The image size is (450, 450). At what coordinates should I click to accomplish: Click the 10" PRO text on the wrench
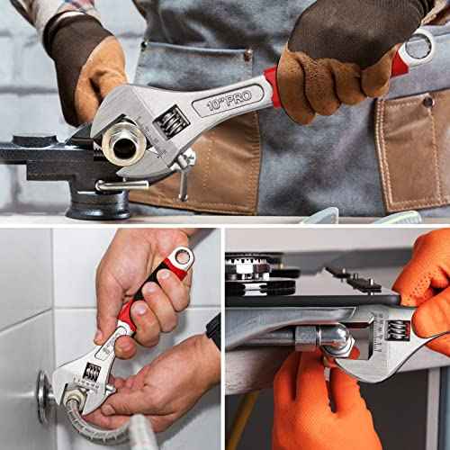[x=228, y=99]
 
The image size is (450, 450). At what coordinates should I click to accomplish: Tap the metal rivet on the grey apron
[x=247, y=56]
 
